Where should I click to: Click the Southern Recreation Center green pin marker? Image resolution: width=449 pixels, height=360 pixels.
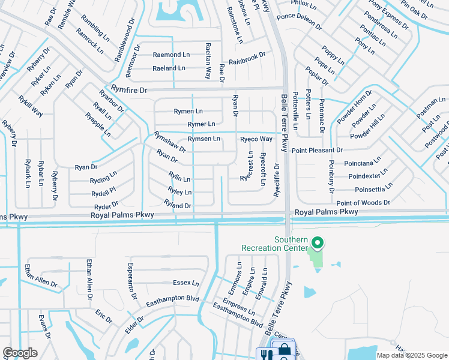point(316,243)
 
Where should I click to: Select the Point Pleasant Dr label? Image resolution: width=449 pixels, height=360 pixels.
point(317,150)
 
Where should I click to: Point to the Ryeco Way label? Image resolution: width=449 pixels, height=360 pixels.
point(256,139)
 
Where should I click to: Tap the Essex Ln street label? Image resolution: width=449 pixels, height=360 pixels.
point(185,283)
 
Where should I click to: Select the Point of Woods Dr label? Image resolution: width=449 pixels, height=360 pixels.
point(363,203)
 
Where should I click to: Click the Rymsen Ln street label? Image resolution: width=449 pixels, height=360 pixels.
point(203,139)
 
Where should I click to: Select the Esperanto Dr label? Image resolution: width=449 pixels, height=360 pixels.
point(132,278)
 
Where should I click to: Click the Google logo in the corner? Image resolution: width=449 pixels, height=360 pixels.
point(20,353)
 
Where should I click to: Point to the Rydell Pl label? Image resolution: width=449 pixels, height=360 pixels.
point(103,190)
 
